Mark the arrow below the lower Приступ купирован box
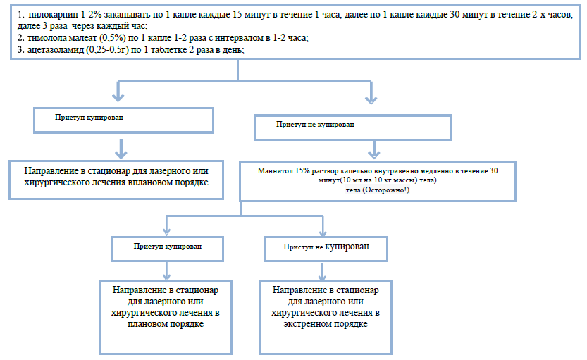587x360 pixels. pos(167,271)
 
